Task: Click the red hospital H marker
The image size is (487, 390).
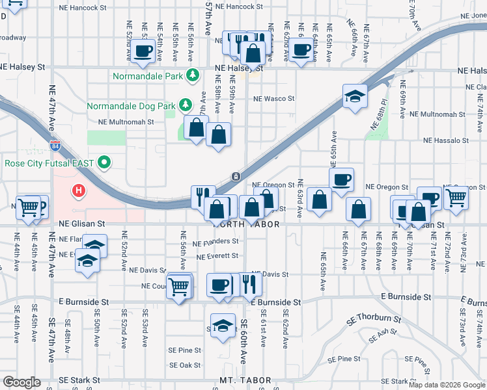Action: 79,191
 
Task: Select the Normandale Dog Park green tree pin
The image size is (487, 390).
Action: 186,105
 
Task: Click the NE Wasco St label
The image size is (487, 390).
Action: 273,99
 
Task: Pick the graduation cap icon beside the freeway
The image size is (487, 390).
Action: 355,97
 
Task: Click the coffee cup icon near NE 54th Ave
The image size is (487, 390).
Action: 143,51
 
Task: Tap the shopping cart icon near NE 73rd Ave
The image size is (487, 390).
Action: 456,198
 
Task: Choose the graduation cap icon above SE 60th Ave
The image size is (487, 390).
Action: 223,324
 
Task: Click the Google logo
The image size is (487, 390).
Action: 21,382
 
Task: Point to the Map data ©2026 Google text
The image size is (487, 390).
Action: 447,385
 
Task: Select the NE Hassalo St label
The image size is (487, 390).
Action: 446,140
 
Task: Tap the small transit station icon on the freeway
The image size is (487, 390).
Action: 236,176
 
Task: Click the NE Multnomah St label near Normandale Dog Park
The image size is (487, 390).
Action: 126,122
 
